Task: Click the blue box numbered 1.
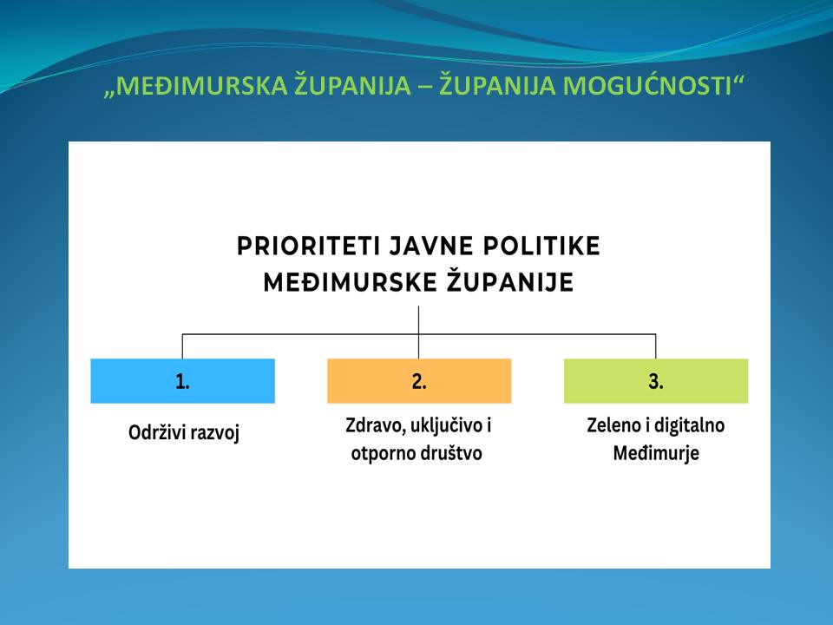point(183,380)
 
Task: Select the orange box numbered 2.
point(419,380)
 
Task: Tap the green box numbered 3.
point(656,380)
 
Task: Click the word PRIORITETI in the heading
point(309,246)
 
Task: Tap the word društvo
point(451,453)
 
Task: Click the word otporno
point(383,454)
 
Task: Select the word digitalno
point(689,425)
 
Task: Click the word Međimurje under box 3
point(656,454)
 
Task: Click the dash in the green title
point(425,87)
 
